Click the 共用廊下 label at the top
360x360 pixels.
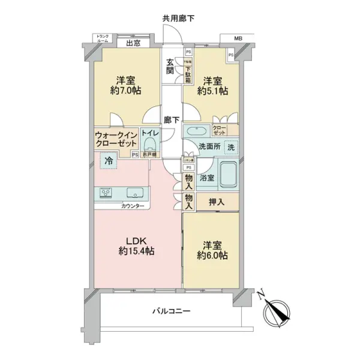pyautogui.click(x=179, y=19)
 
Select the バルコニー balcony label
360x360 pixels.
pyautogui.click(x=171, y=311)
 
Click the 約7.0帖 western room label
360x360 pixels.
pyautogui.click(x=125, y=86)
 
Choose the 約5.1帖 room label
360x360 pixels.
pyautogui.click(x=215, y=86)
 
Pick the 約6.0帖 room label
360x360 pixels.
pyautogui.click(x=214, y=251)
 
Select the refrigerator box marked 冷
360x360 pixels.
pyautogui.click(x=109, y=161)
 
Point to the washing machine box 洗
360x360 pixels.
pyautogui.click(x=232, y=148)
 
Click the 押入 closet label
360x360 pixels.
pyautogui.click(x=217, y=202)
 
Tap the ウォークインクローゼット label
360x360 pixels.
pyautogui.click(x=116, y=140)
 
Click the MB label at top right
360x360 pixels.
pyautogui.click(x=239, y=39)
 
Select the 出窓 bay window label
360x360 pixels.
pyautogui.click(x=133, y=43)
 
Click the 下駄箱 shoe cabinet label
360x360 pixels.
pyautogui.click(x=188, y=71)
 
